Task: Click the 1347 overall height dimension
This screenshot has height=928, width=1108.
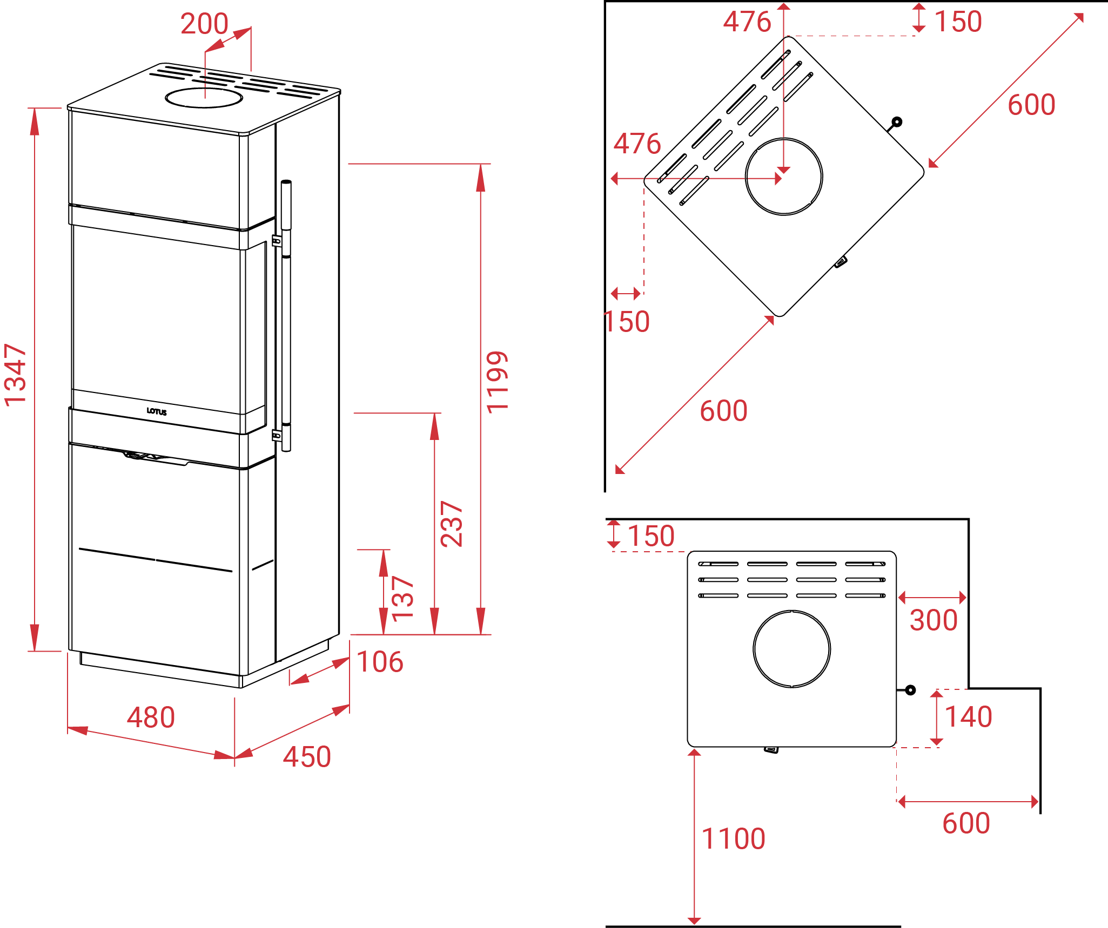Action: pyautogui.click(x=15, y=375)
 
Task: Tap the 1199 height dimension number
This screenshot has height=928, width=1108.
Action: pyautogui.click(x=497, y=382)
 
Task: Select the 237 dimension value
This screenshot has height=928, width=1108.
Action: pyautogui.click(x=452, y=524)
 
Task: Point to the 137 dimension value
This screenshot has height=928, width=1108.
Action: pyautogui.click(x=402, y=598)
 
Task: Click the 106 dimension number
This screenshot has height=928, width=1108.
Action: pyautogui.click(x=380, y=662)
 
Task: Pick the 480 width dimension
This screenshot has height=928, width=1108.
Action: pyautogui.click(x=151, y=717)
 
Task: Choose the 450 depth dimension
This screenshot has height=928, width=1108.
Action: pyautogui.click(x=307, y=756)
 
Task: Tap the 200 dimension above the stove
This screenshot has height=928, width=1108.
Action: pyautogui.click(x=204, y=24)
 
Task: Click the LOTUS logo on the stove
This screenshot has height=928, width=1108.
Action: pyautogui.click(x=157, y=411)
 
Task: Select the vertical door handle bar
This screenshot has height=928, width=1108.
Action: pyautogui.click(x=286, y=316)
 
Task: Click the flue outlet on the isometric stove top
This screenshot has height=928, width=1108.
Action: pyautogui.click(x=204, y=98)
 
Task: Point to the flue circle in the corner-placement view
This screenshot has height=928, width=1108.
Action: pyautogui.click(x=784, y=177)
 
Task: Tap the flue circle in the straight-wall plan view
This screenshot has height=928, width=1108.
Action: pyautogui.click(x=792, y=649)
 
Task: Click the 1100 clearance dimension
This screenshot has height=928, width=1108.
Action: pyautogui.click(x=733, y=839)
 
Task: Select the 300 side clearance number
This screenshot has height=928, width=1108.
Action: pyautogui.click(x=934, y=620)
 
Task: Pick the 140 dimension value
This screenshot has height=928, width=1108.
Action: pyautogui.click(x=969, y=717)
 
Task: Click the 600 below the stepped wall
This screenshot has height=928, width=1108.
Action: pyautogui.click(x=966, y=823)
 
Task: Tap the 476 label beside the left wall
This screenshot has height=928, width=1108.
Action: pyautogui.click(x=637, y=144)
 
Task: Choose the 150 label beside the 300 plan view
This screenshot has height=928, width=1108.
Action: pyautogui.click(x=651, y=536)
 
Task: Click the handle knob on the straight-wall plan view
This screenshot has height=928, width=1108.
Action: pyautogui.click(x=910, y=690)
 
